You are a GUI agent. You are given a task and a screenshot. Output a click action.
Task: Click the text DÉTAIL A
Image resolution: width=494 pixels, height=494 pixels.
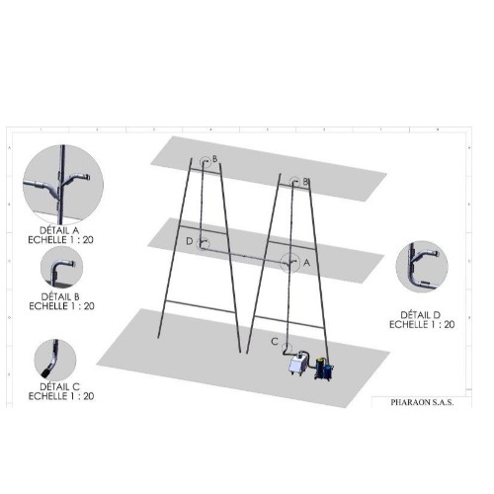[59, 230]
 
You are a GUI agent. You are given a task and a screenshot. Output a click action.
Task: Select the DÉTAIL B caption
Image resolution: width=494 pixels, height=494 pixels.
[60, 296]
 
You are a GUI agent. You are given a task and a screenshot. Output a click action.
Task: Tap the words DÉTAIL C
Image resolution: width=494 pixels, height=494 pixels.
[60, 386]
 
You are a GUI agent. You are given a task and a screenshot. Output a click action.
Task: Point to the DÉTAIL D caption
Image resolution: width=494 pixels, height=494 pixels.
[421, 315]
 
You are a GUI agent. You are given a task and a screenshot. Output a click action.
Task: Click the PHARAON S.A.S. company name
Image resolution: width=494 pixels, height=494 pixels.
[422, 402]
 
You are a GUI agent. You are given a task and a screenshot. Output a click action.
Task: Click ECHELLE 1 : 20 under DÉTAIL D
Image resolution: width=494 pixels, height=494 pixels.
[422, 325]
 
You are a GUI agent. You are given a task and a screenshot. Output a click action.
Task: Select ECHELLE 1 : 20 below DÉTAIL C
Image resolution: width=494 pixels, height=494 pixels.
[61, 396]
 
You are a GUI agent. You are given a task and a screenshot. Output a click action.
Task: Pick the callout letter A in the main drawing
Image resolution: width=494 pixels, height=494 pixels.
[306, 263]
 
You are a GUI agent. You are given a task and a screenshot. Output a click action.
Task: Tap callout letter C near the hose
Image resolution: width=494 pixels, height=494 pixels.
[275, 342]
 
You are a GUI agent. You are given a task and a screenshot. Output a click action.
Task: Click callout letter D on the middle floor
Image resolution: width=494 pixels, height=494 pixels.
[190, 241]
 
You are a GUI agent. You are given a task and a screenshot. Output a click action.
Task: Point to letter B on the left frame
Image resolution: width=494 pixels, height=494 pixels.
[214, 159]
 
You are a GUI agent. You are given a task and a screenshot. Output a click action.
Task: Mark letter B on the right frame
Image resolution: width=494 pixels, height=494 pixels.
[305, 182]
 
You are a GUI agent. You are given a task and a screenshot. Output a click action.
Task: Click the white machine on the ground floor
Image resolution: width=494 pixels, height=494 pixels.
[298, 363]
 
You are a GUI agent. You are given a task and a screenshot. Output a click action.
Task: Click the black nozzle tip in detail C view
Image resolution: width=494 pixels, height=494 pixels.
[46, 372]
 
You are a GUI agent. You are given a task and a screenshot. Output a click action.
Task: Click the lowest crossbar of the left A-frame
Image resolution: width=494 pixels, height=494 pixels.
[201, 307]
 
